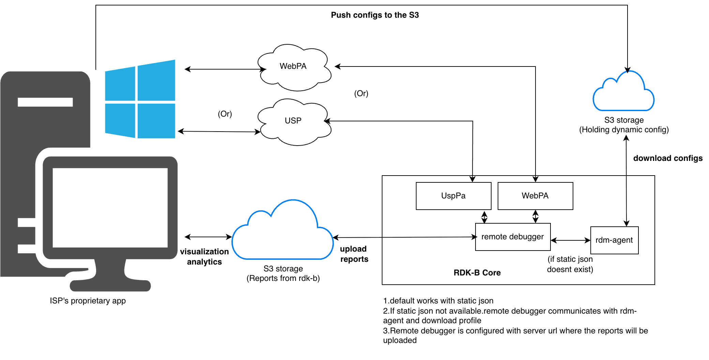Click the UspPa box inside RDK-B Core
pyautogui.click(x=453, y=196)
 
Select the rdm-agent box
pyautogui.click(x=614, y=240)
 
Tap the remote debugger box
pyautogui.click(x=513, y=237)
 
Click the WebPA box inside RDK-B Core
pyautogui.click(x=535, y=196)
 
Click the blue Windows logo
pyautogui.click(x=140, y=99)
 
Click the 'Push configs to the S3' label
pyautogui.click(x=375, y=15)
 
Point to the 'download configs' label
pyautogui.click(x=668, y=158)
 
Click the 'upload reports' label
pyautogui.click(x=354, y=254)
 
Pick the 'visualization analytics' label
pyautogui.click(x=204, y=257)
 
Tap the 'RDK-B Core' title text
pyautogui.click(x=477, y=273)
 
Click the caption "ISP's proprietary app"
pyautogui.click(x=88, y=301)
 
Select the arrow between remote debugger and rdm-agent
pyautogui.click(x=571, y=240)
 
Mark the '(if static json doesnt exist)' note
pyautogui.click(x=570, y=264)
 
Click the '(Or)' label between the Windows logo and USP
pyautogui.click(x=225, y=114)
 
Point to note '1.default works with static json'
pyautogui.click(x=438, y=301)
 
